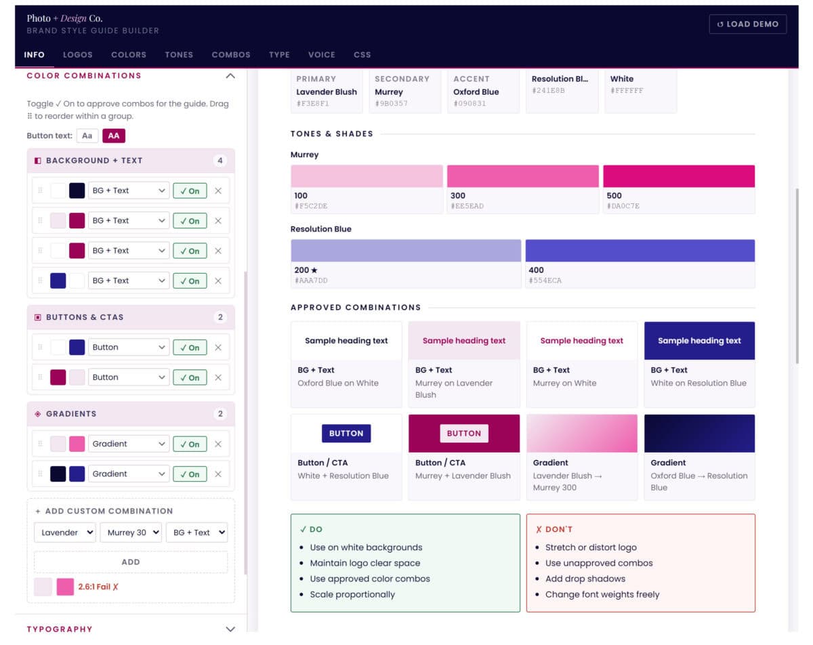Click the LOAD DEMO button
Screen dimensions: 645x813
(x=747, y=24)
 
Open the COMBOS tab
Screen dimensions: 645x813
(x=231, y=55)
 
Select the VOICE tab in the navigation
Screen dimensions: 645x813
(x=321, y=55)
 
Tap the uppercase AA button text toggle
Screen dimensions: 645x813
(x=114, y=136)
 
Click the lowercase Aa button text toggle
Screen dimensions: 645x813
(x=87, y=136)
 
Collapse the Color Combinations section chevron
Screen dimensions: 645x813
(x=230, y=76)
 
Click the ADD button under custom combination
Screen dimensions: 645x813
(x=131, y=562)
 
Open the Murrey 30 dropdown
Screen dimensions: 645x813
(x=130, y=533)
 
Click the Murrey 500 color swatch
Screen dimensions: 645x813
(x=679, y=176)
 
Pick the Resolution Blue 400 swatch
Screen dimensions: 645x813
(x=640, y=251)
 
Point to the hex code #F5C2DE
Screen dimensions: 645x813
(x=312, y=206)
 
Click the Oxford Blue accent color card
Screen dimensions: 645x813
(x=483, y=91)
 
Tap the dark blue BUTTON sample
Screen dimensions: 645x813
(x=346, y=433)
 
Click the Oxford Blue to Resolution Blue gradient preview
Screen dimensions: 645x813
(x=699, y=433)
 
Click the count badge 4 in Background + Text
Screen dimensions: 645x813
(x=220, y=161)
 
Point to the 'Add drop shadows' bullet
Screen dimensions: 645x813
(x=585, y=579)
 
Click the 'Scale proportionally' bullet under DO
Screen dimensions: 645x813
(x=352, y=594)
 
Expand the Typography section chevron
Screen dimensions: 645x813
(x=230, y=629)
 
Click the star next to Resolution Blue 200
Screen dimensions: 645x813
(x=314, y=270)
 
